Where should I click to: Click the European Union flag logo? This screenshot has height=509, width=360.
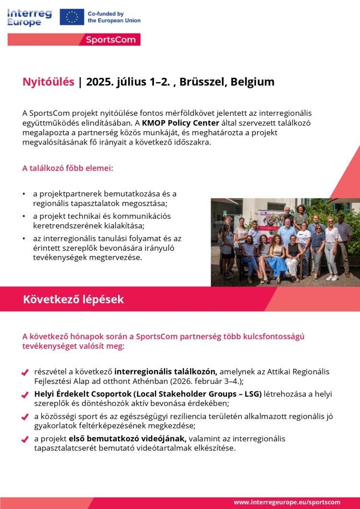(72, 17)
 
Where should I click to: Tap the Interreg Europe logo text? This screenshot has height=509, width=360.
(30, 17)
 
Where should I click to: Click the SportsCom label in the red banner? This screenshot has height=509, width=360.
(111, 39)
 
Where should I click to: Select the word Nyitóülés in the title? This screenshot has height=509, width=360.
(48, 82)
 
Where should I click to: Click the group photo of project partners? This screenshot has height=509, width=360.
(285, 242)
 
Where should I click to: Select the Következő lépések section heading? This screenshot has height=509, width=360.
(73, 300)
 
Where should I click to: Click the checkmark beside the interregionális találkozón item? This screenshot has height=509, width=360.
(25, 373)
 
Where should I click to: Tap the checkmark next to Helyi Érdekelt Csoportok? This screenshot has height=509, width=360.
(25, 395)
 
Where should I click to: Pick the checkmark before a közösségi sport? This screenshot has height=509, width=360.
(25, 417)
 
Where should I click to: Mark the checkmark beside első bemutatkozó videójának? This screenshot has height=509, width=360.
(25, 439)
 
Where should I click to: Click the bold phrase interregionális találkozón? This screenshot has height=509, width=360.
(166, 372)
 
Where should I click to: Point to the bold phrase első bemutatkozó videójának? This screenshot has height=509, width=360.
(128, 438)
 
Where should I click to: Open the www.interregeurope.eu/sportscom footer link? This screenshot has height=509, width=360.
(287, 502)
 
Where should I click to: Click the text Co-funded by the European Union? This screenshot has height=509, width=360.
(114, 17)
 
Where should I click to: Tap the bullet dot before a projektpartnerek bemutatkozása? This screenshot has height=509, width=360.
(24, 194)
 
